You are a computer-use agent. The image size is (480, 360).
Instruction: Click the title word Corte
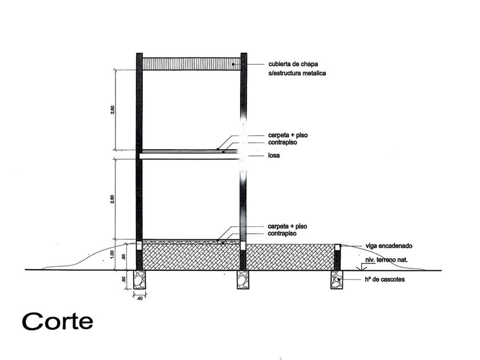click(58, 321)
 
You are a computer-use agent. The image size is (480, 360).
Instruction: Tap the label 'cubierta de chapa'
click(293, 64)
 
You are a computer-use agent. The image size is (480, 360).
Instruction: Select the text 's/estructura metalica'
click(297, 73)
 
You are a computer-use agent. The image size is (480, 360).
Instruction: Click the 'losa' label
click(274, 155)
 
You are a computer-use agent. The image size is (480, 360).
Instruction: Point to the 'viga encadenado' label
click(389, 246)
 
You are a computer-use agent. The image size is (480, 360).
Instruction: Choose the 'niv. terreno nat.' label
click(386, 260)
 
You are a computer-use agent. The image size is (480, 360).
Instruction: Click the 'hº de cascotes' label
click(385, 279)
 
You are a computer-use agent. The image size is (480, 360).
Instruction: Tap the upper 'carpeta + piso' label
click(288, 135)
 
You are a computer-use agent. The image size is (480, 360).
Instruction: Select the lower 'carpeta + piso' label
click(287, 226)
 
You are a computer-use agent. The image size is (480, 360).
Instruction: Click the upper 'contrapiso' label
click(282, 142)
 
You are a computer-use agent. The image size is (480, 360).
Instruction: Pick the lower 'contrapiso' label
click(282, 233)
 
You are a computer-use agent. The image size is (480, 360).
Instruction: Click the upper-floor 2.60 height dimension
click(113, 110)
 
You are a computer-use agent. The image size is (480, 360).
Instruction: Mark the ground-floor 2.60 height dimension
click(113, 199)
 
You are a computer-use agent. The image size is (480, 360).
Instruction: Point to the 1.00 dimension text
click(112, 255)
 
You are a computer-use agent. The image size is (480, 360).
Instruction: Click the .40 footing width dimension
click(139, 298)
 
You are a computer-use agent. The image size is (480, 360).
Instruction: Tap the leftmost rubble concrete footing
click(139, 280)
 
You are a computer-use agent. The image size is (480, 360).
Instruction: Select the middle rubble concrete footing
click(243, 280)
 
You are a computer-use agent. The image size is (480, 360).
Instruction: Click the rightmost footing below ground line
click(337, 280)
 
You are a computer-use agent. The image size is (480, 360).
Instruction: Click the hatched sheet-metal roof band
click(191, 64)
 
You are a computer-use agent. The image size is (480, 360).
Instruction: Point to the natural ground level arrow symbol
click(361, 267)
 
